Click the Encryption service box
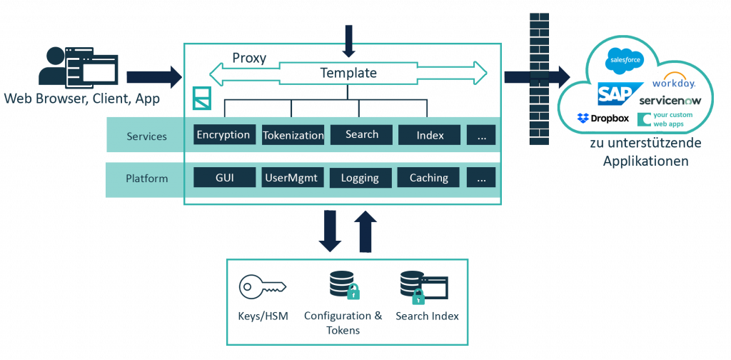[x=224, y=135]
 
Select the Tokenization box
[x=293, y=136]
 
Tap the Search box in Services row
[x=361, y=135]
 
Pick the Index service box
[x=430, y=135]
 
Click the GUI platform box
[x=224, y=178]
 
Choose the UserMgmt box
[x=293, y=178]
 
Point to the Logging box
[x=361, y=178]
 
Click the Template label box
[x=348, y=73]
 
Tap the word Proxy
[x=249, y=58]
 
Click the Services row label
[x=147, y=136]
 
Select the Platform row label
[x=147, y=178]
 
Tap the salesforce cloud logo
[x=625, y=60]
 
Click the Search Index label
[x=428, y=316]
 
